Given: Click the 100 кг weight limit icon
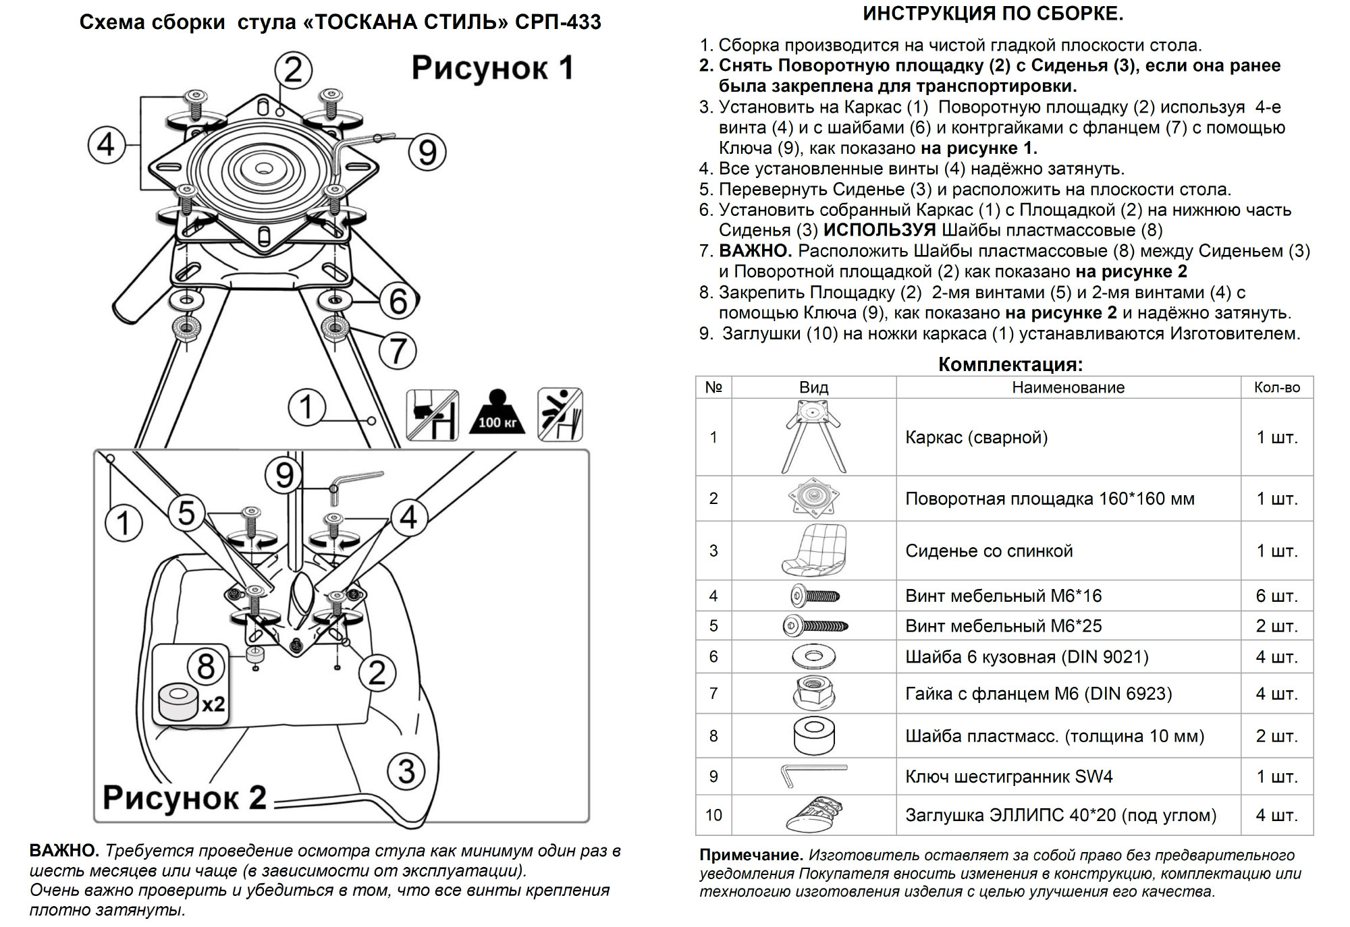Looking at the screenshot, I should click(497, 412).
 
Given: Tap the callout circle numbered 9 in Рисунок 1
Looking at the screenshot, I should click(427, 152).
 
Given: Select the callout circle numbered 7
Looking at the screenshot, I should click(398, 351).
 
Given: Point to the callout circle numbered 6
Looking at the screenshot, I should click(398, 301).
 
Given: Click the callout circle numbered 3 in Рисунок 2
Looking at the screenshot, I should click(406, 771).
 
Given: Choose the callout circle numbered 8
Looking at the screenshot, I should click(205, 667).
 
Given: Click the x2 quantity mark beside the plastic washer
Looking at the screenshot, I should click(213, 704).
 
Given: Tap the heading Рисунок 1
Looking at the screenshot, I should click(493, 68).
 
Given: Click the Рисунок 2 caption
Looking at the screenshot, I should click(184, 797).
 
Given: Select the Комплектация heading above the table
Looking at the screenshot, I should click(1010, 364).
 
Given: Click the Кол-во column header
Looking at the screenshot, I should click(1276, 387).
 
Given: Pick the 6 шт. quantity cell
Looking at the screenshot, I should click(1276, 596).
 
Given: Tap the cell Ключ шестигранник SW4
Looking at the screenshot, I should click(1008, 777).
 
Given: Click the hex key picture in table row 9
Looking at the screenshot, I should click(813, 775).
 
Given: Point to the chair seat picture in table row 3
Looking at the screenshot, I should click(813, 550).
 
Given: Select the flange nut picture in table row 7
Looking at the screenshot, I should click(813, 693).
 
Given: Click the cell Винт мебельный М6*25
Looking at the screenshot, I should click(1003, 626).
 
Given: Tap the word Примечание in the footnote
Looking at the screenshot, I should click(751, 855).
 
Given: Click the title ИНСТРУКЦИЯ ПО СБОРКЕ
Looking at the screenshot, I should click(993, 13).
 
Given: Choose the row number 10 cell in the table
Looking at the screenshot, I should click(713, 815).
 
